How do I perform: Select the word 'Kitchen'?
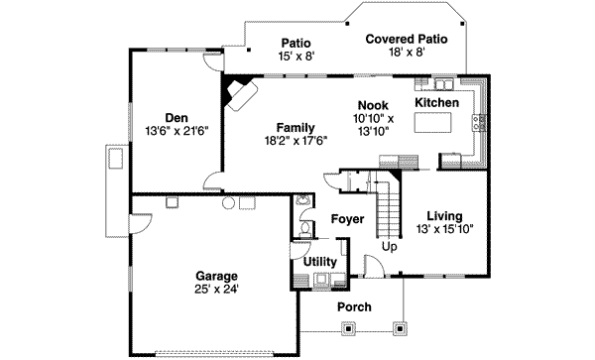pyautogui.click(x=436, y=103)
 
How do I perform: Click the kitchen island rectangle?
pyautogui.click(x=434, y=123)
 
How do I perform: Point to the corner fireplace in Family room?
pyautogui.click(x=240, y=94)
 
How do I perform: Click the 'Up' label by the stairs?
pyautogui.click(x=390, y=246)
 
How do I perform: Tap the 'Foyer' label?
pyautogui.click(x=347, y=218)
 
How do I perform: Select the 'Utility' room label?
pyautogui.click(x=320, y=261)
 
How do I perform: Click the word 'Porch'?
pyautogui.click(x=354, y=307)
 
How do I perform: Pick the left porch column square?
pyautogui.click(x=303, y=324)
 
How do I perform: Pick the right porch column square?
pyautogui.click(x=401, y=324)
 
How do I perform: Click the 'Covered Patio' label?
pyautogui.click(x=407, y=39)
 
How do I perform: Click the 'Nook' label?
pyautogui.click(x=373, y=105)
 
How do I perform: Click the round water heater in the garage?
pyautogui.click(x=227, y=203)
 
